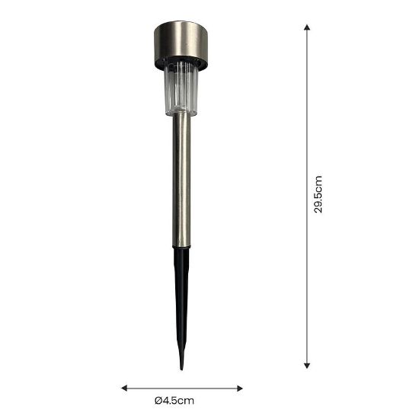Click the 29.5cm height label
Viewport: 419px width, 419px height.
click(x=318, y=194)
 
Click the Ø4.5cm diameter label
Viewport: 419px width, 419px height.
click(x=174, y=401)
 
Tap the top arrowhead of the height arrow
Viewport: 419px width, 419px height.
click(x=307, y=27)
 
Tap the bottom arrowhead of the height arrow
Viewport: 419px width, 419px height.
click(x=307, y=366)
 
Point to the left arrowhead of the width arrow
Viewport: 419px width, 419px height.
click(x=124, y=388)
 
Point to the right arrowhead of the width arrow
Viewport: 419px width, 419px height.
click(x=240, y=389)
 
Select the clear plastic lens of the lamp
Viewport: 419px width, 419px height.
click(x=181, y=90)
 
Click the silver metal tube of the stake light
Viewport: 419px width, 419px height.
click(x=182, y=181)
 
